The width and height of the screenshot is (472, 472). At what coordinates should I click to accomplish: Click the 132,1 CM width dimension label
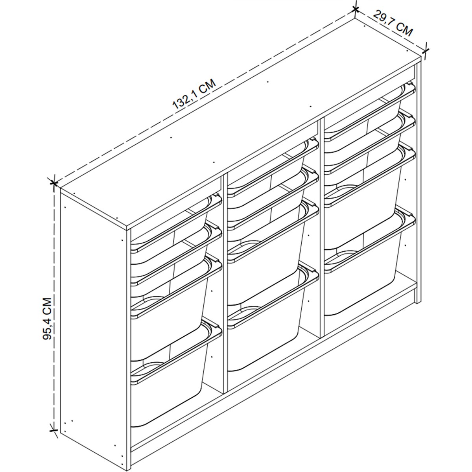point(194,94)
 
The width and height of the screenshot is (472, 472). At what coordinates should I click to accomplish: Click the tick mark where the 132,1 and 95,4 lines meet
point(53,183)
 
